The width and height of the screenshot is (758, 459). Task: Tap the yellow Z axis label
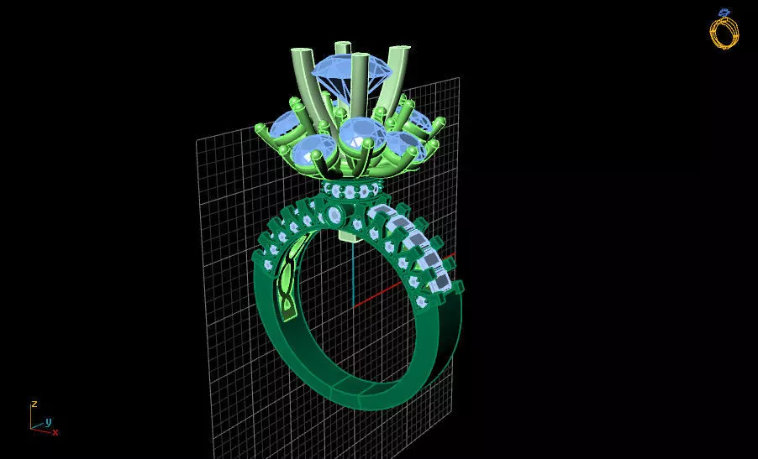34,404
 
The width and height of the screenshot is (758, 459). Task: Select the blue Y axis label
48,421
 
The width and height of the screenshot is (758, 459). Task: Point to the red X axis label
55,432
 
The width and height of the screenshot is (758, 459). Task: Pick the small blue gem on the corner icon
723,13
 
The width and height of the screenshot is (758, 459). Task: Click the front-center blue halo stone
358,134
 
